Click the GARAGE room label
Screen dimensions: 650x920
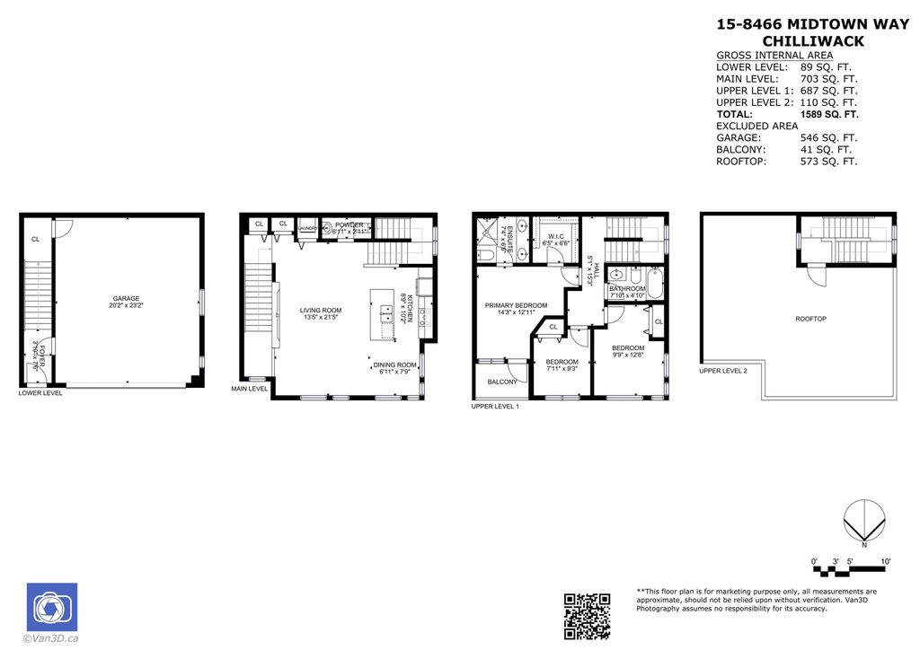tap(126, 299)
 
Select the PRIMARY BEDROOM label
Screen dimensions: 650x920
tap(516, 305)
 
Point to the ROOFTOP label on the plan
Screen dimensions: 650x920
tap(810, 319)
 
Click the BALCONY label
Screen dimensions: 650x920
tap(502, 382)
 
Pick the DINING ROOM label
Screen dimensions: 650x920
tap(395, 365)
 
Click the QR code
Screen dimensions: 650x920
tap(587, 616)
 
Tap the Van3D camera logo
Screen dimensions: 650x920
tap(51, 607)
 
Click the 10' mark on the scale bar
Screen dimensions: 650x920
tap(886, 561)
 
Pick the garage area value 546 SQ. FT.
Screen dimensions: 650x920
tap(828, 138)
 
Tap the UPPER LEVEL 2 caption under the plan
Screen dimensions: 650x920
tap(723, 370)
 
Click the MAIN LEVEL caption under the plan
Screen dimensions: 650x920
tap(249, 389)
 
